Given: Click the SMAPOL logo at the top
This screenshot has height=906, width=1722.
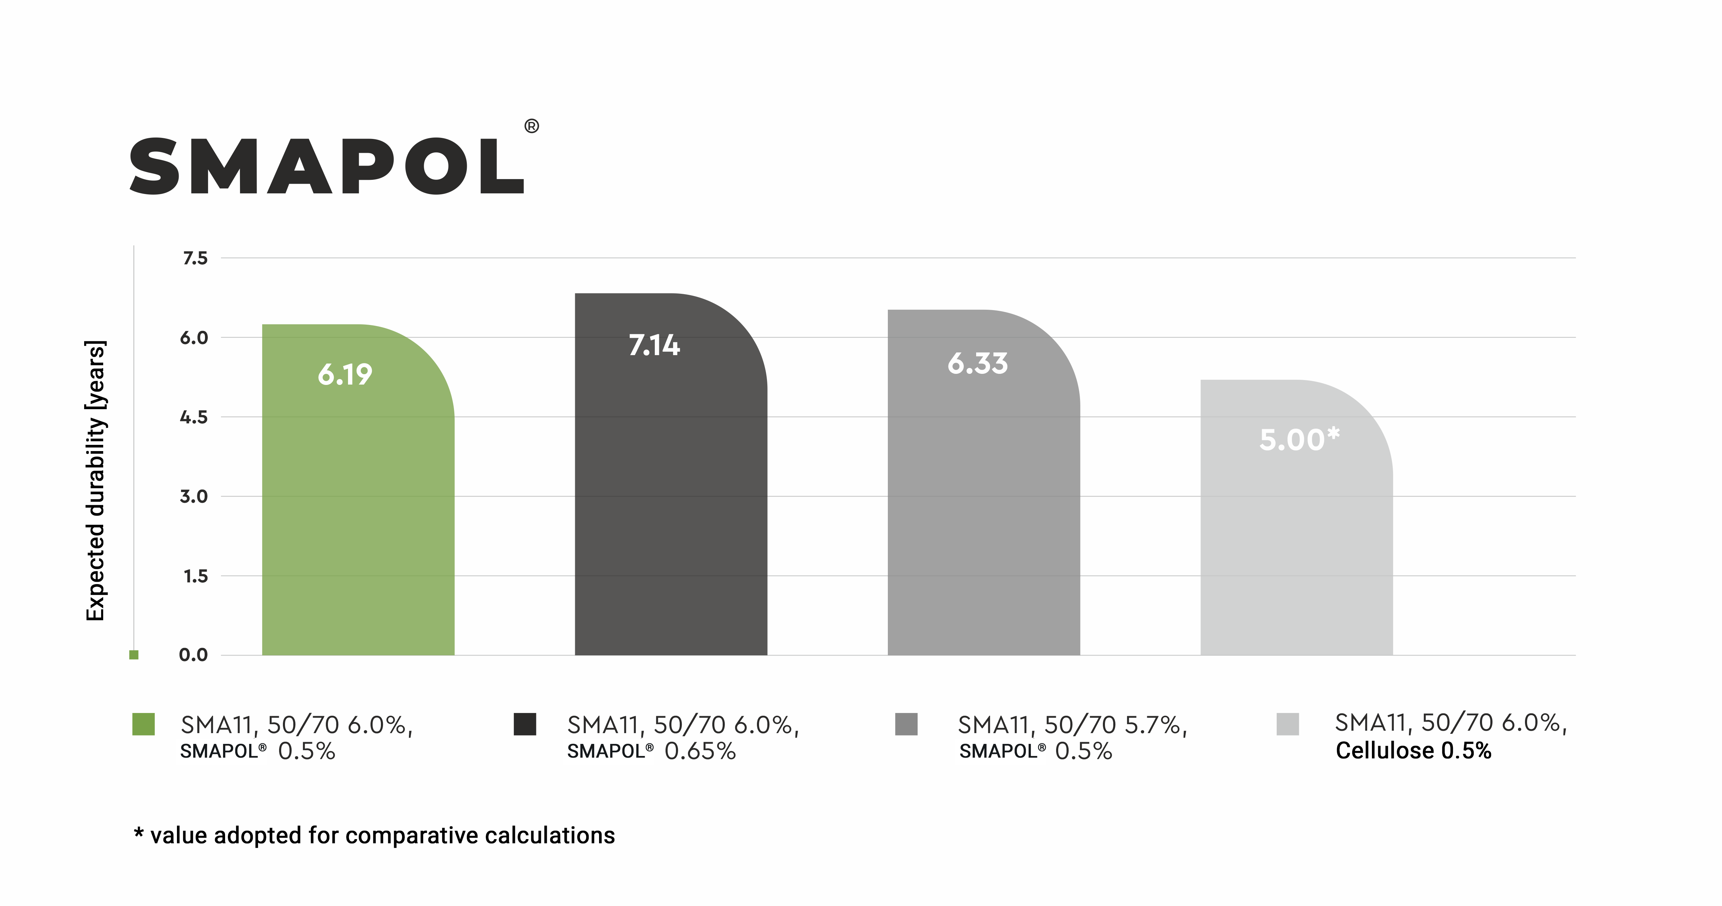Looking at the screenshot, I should click(326, 167).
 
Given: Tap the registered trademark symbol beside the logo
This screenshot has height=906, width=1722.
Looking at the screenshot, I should click(532, 126).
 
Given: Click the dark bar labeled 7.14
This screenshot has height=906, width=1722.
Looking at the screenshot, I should click(670, 508).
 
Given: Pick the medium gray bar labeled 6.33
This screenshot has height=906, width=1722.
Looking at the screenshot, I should click(983, 508).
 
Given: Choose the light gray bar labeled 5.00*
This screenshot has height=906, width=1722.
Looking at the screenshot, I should click(1296, 535).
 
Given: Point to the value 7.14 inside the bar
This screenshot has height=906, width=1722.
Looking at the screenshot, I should click(654, 346).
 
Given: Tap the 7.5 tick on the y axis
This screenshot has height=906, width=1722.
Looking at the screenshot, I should click(195, 258).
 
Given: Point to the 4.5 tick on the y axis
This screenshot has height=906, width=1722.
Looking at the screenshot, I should click(194, 417).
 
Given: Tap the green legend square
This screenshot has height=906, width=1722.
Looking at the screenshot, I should click(144, 724).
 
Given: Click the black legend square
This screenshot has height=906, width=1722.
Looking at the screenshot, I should click(525, 724).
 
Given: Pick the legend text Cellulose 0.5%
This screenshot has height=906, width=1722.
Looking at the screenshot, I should click(1413, 751).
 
